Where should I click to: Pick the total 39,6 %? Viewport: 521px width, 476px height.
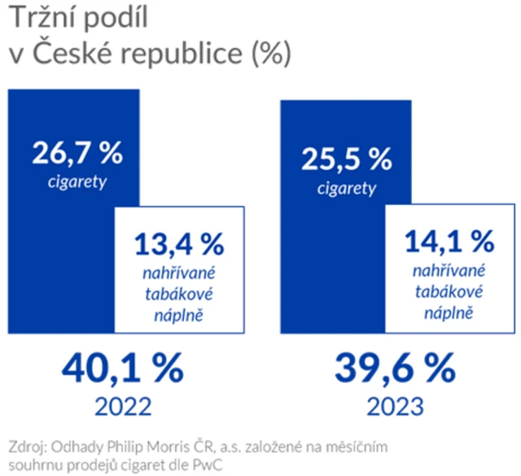tap(394, 371)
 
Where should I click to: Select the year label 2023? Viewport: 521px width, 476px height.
tap(394, 404)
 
